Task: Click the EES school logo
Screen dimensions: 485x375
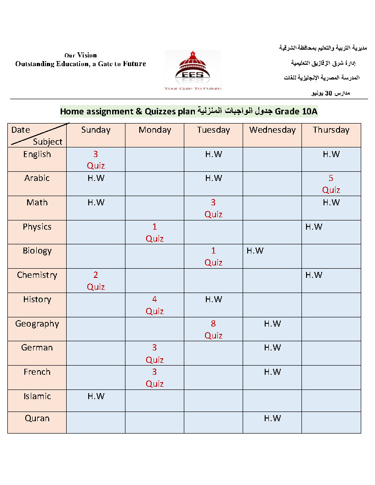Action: pyautogui.click(x=193, y=70)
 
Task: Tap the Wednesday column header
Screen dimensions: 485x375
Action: pyautogui.click(x=272, y=130)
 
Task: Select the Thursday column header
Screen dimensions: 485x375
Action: pyautogui.click(x=331, y=130)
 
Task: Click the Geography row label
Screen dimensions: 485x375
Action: pyautogui.click(x=37, y=324)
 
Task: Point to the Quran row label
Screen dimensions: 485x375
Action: pyautogui.click(x=37, y=418)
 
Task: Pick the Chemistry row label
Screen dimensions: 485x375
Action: pyautogui.click(x=37, y=275)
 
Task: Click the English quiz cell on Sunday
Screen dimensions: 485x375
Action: pyautogui.click(x=96, y=160)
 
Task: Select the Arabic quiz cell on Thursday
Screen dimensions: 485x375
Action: pyautogui.click(x=331, y=184)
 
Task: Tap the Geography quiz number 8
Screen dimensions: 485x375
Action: pyautogui.click(x=213, y=324)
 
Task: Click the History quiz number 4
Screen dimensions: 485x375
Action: pyautogui.click(x=154, y=299)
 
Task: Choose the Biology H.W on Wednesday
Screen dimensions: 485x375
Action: pyautogui.click(x=255, y=251)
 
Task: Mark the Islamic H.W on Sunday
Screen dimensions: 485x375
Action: pyautogui.click(x=96, y=396)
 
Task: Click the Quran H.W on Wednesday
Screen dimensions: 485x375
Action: pyautogui.click(x=272, y=418)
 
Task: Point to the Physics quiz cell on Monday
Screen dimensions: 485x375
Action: pyautogui.click(x=154, y=232)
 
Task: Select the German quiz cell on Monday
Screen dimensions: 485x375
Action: pyautogui.click(x=154, y=354)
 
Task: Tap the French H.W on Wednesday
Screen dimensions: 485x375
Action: pyautogui.click(x=272, y=372)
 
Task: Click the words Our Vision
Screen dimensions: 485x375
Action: pyautogui.click(x=80, y=55)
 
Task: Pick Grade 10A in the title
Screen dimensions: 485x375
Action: pyautogui.click(x=296, y=112)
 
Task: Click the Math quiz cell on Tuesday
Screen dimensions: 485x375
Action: pyautogui.click(x=213, y=208)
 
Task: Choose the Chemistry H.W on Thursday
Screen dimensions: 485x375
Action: pyautogui.click(x=314, y=275)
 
